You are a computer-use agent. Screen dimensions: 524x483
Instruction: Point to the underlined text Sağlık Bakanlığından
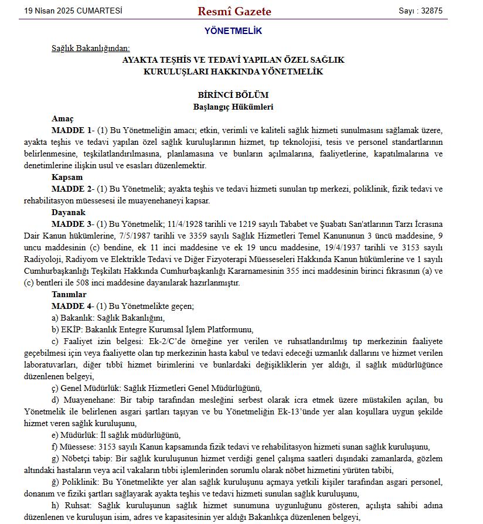point(90,48)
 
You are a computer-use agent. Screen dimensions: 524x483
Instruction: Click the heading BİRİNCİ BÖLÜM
point(233,95)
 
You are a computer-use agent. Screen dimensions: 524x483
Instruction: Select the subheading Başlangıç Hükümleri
point(233,107)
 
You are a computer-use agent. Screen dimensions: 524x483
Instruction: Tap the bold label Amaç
point(63,118)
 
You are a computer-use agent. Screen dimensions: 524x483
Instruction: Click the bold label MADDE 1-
point(72,130)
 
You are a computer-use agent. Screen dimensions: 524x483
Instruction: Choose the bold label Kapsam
point(67,177)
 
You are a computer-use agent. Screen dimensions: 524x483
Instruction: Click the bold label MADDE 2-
point(72,189)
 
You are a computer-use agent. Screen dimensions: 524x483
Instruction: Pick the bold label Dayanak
point(69,212)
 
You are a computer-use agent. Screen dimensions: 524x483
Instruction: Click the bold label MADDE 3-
point(72,224)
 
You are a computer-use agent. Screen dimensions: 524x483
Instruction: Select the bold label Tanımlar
point(69,294)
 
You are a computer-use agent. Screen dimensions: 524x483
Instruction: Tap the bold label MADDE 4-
point(72,306)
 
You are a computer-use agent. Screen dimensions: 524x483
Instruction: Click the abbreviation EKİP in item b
point(71,329)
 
